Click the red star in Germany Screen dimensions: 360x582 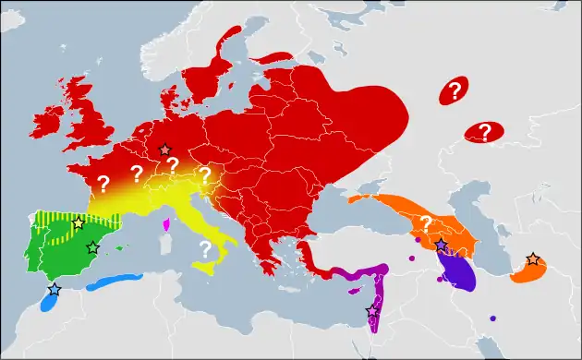(165, 150)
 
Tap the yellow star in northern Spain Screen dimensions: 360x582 (79, 223)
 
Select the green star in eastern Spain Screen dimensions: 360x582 (92, 247)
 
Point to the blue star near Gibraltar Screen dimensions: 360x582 (54, 289)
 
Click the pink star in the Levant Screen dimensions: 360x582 (372, 311)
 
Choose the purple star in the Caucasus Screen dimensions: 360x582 (442, 245)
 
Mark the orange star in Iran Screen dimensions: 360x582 (532, 259)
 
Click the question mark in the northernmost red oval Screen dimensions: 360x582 (454, 90)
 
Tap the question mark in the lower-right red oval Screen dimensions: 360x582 (482, 132)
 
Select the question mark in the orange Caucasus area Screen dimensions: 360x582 (426, 222)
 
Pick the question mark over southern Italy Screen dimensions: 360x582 (205, 247)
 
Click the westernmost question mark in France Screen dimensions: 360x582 (103, 183)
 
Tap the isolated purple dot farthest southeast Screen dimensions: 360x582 (492, 318)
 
